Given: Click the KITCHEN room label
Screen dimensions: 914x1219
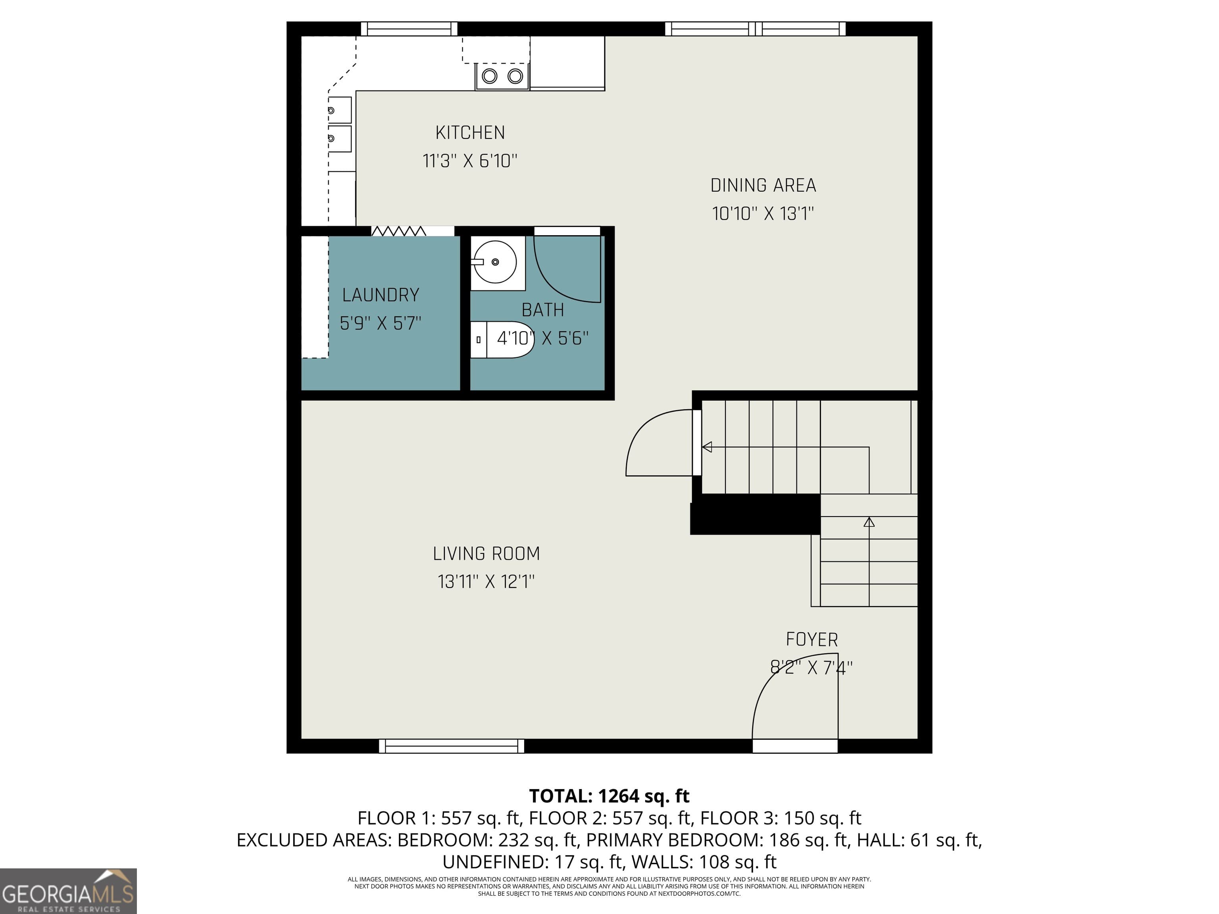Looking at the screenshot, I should coord(469,133).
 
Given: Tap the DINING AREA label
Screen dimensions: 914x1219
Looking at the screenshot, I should coord(763,186).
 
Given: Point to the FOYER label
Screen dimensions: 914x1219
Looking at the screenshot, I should coord(811,639).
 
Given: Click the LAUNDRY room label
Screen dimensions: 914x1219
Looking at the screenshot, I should coord(380,295).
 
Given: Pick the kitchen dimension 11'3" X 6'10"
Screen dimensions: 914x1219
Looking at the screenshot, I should coord(469,161).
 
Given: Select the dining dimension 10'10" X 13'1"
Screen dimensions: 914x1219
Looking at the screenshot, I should coord(763,214).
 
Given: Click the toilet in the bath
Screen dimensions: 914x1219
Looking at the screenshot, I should coord(504,339).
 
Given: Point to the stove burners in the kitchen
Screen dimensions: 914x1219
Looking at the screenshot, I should coord(502,76).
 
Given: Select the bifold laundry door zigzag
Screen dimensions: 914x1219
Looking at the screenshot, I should coord(398,231).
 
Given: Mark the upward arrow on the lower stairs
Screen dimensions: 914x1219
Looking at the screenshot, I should coord(869,522).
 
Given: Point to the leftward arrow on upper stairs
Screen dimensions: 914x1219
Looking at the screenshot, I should coord(707,447).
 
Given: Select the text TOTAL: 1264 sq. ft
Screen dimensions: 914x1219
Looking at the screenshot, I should coord(609,796).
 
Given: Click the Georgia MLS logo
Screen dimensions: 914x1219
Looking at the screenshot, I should coord(68,891).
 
